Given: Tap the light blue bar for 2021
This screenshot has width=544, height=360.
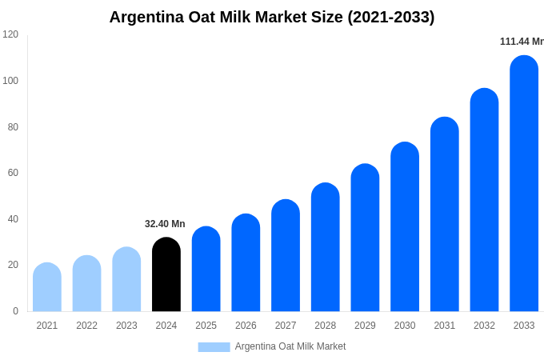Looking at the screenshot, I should point(47,287).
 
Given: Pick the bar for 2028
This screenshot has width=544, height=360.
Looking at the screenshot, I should point(325,247).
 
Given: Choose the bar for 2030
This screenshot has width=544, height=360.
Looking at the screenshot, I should point(405,227).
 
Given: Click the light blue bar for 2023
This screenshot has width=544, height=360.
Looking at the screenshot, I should point(126,279).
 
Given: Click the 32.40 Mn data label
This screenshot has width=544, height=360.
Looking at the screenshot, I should point(165,224).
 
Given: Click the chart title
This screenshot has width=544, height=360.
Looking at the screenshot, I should point(272,17).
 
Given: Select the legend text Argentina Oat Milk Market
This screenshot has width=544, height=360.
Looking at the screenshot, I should point(290,346).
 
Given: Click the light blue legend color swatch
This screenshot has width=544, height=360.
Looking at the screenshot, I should point(214,346).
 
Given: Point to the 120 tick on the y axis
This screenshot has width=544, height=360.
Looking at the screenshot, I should point(10,34).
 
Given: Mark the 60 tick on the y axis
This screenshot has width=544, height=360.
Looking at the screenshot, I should point(13,173).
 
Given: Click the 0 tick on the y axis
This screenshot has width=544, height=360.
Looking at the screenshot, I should point(15,311).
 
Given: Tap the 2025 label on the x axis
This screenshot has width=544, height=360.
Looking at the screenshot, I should point(206,326).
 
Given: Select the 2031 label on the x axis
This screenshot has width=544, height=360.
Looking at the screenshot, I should point(444,326).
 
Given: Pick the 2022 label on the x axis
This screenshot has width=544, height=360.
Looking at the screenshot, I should point(86,326).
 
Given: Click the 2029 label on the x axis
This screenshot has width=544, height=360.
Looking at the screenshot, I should point(365,326).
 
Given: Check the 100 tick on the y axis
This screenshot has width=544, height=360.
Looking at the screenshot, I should point(10,81).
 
